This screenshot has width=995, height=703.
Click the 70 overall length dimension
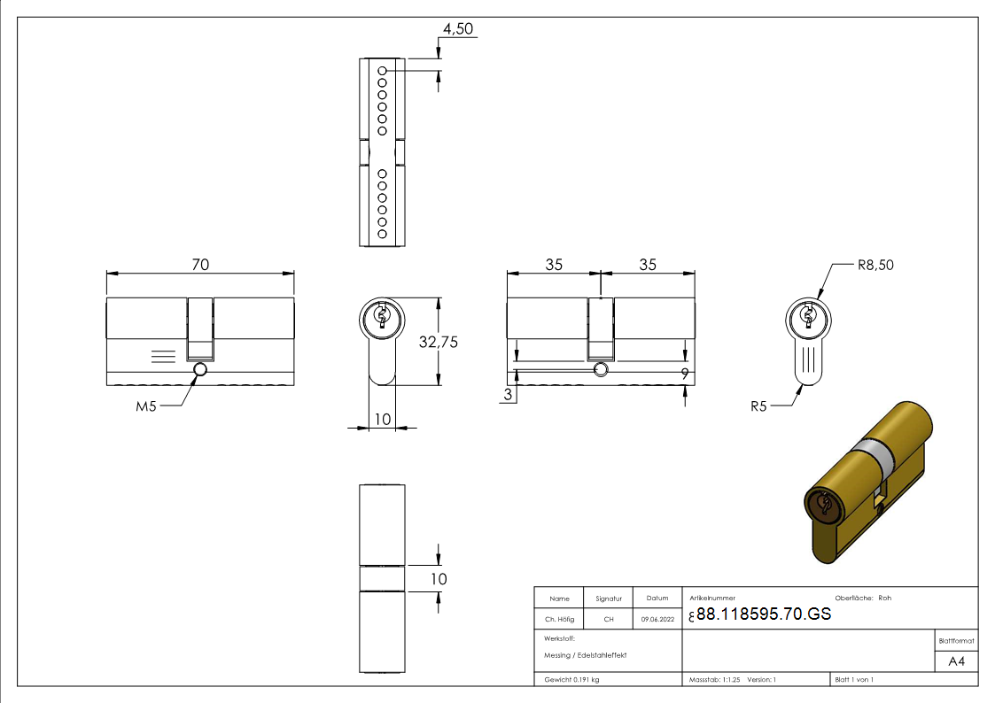tap(200, 264)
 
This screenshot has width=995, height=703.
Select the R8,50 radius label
tap(875, 265)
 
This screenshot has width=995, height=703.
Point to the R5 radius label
tap(758, 406)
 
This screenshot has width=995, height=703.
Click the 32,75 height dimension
tap(438, 342)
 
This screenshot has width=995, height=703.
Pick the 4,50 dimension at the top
tap(458, 28)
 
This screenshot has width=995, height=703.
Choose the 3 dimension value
tap(509, 396)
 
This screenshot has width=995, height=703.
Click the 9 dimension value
tap(685, 374)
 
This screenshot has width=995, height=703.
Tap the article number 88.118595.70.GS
tap(764, 614)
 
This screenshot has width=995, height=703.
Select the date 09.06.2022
tap(657, 620)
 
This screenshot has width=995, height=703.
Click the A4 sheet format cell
tap(956, 661)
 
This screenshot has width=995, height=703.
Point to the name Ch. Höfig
tap(559, 620)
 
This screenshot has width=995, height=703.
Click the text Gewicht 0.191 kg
tap(571, 679)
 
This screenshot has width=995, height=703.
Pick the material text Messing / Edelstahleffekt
tap(586, 654)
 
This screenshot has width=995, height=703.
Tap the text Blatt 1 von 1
tap(854, 679)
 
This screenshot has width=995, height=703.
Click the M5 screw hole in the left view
tap(199, 369)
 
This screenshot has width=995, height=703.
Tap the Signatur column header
tap(609, 599)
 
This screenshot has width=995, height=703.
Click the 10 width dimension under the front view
tap(383, 419)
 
